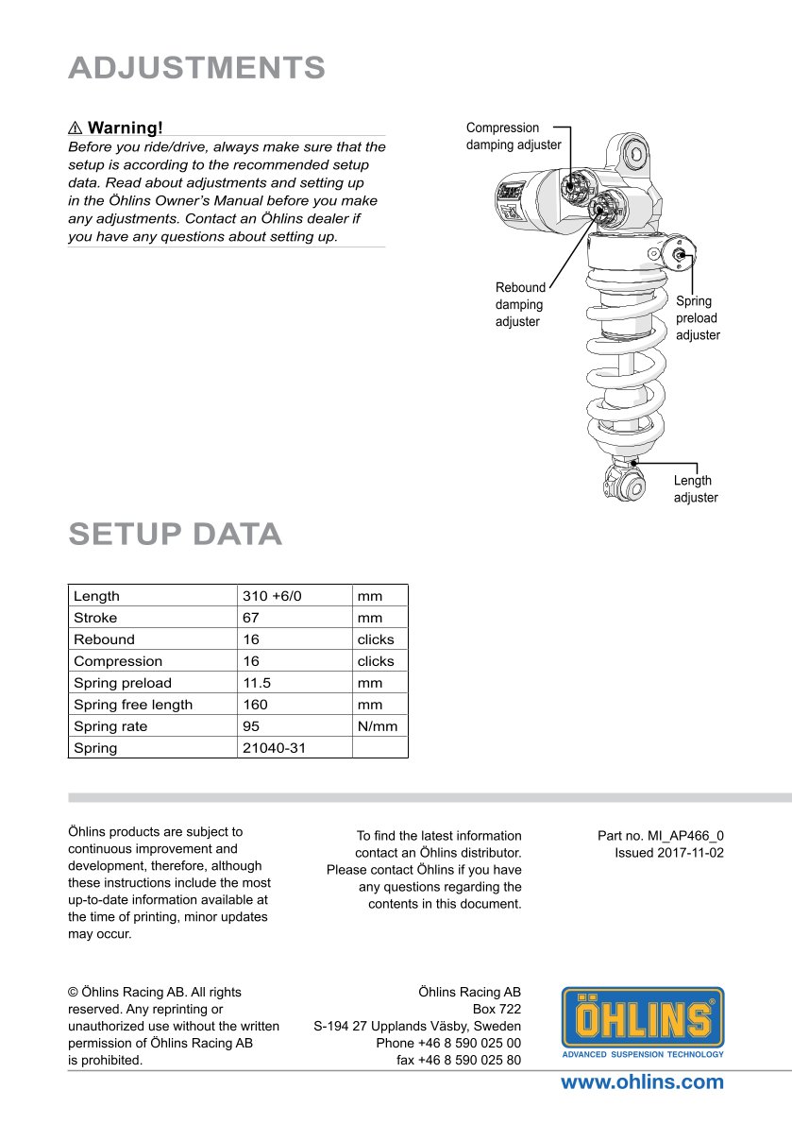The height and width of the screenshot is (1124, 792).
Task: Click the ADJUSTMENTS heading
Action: tap(196, 68)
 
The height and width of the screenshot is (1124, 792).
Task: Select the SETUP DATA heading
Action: tap(175, 534)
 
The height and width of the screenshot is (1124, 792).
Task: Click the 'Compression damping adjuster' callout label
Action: tap(514, 136)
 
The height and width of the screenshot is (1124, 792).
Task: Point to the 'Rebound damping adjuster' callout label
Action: tap(520, 304)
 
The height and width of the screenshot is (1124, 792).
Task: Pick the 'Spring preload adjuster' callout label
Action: tap(697, 318)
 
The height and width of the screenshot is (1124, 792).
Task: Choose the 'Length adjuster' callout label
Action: tap(695, 489)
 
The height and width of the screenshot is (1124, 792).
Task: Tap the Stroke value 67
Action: tap(251, 618)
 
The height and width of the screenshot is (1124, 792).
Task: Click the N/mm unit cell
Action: tap(378, 726)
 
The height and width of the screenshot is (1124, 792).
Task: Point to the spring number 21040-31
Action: tap(274, 748)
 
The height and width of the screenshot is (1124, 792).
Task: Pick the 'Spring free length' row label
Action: tap(133, 705)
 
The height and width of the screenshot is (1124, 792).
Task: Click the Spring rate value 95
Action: tap(251, 726)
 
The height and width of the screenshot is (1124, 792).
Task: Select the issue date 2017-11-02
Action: tap(669, 853)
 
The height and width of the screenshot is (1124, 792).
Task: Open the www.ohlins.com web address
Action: tap(642, 1082)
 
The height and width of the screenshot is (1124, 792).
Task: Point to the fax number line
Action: tap(459, 1060)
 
